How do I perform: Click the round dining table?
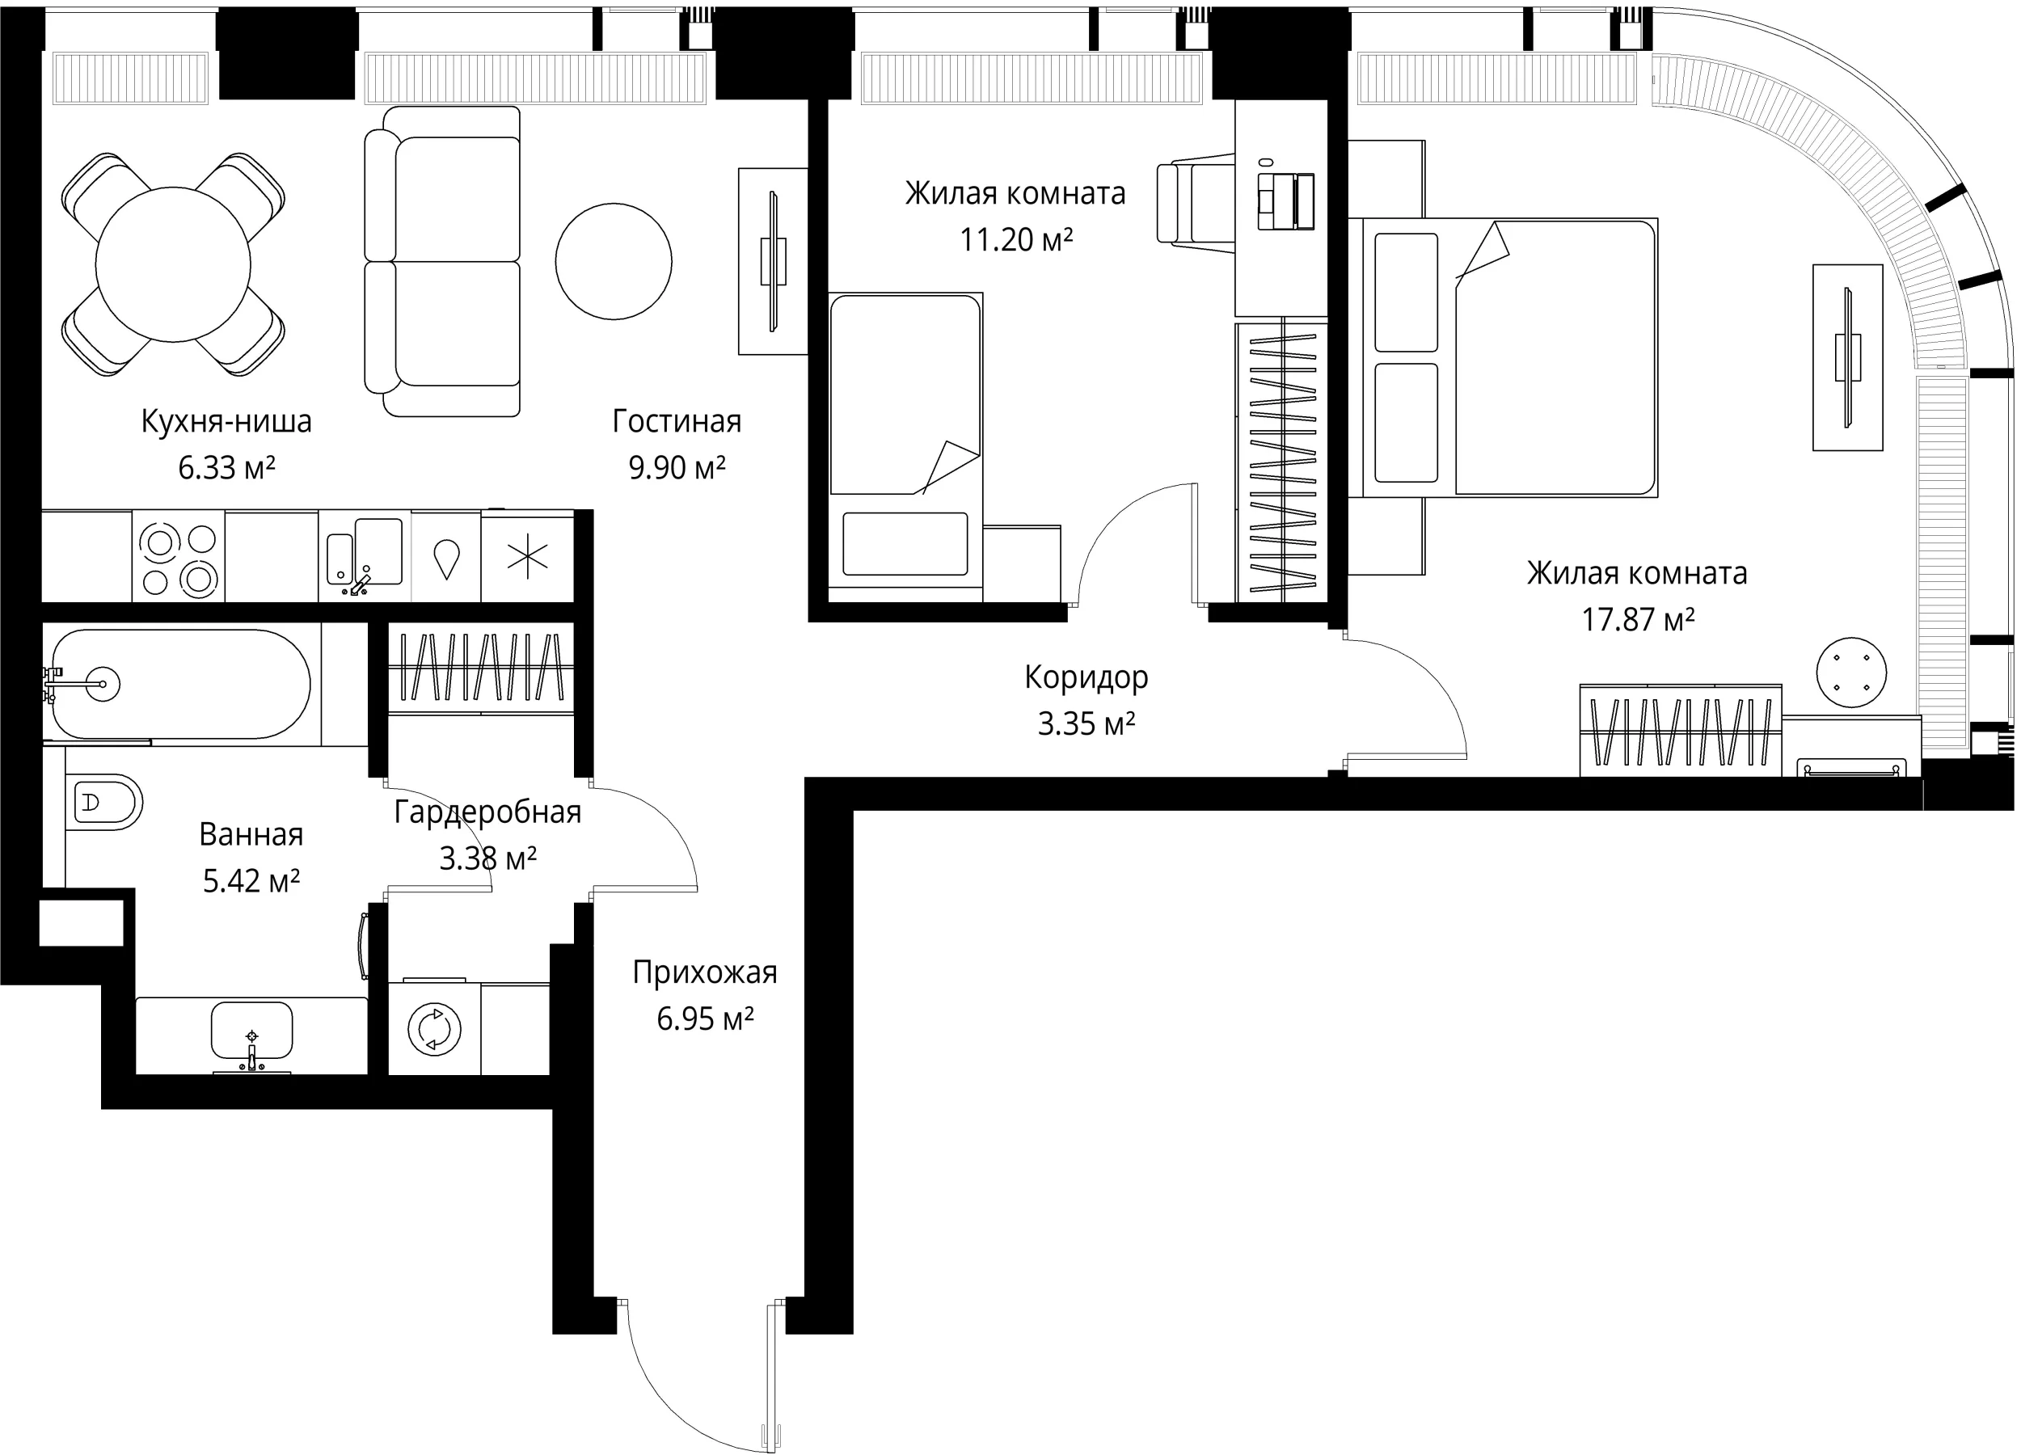pyautogui.click(x=173, y=264)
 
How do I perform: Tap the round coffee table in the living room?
pyautogui.click(x=614, y=261)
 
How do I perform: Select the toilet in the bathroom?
pyautogui.click(x=103, y=802)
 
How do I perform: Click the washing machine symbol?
pyautogui.click(x=435, y=1029)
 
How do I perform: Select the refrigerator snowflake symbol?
pyautogui.click(x=528, y=559)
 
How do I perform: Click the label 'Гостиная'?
pyautogui.click(x=677, y=421)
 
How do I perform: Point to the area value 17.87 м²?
pyautogui.click(x=1638, y=619)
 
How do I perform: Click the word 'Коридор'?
pyautogui.click(x=1086, y=678)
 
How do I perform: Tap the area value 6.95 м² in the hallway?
pyautogui.click(x=706, y=1018)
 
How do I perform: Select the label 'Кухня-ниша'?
pyautogui.click(x=226, y=421)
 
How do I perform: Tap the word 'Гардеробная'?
pyautogui.click(x=487, y=812)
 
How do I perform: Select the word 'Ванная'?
pyautogui.click(x=251, y=835)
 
